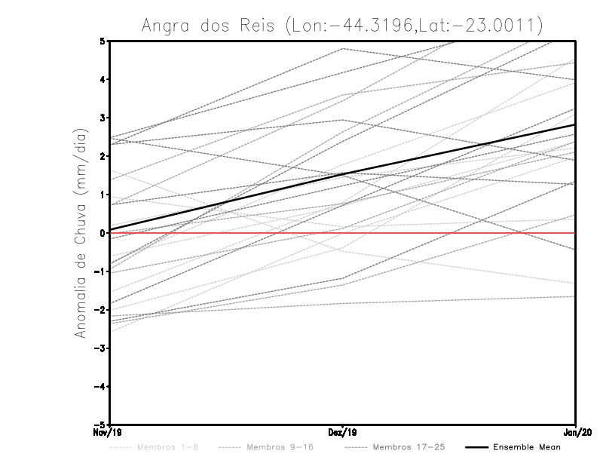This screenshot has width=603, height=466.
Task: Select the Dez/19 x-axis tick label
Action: click(343, 433)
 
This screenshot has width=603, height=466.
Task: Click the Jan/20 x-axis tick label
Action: click(576, 433)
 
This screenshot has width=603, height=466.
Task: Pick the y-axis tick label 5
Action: click(101, 41)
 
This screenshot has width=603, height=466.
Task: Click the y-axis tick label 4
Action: click(101, 79)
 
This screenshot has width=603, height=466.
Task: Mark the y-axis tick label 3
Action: click(101, 118)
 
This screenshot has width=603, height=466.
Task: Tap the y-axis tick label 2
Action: click(101, 156)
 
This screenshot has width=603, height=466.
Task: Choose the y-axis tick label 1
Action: click(101, 195)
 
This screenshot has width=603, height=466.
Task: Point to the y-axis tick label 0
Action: click(101, 233)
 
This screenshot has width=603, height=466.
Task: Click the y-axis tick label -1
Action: click(99, 271)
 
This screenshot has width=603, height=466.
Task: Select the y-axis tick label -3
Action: click(99, 348)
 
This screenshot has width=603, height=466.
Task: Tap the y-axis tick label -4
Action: click(99, 387)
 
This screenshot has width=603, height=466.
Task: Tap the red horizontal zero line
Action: click(452, 233)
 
